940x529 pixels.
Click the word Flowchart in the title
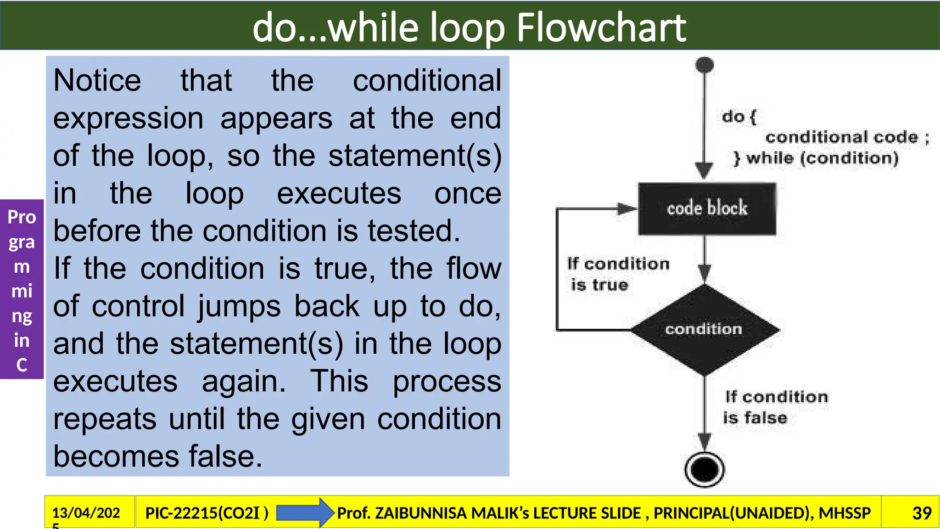[x=601, y=28]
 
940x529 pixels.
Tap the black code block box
[x=707, y=209]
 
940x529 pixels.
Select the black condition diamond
[x=705, y=329]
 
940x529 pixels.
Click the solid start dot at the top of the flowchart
[x=705, y=65]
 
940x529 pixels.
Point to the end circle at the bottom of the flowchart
[x=705, y=469]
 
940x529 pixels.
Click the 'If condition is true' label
[x=617, y=274]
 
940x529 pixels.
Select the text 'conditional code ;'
[x=847, y=137]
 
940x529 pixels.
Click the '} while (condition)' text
[x=816, y=158]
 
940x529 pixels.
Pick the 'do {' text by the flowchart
[x=739, y=117]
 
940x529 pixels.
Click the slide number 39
[x=922, y=513]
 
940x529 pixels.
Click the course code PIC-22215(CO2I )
[x=207, y=513]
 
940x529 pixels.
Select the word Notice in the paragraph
[x=97, y=81]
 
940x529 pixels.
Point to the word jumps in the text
[x=239, y=307]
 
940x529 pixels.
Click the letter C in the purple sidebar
[x=22, y=365]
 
